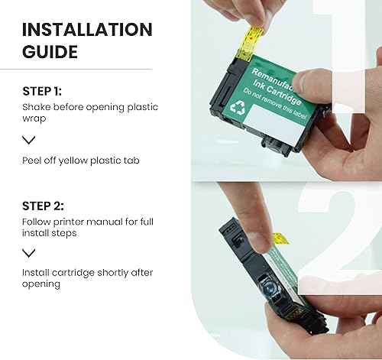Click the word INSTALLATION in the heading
87,29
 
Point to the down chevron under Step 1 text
29,140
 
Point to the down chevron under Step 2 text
29,253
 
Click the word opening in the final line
40,285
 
